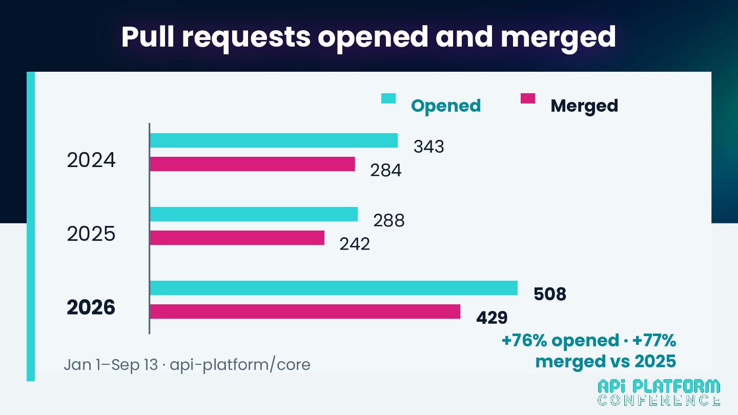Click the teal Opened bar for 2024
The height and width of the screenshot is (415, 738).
click(274, 140)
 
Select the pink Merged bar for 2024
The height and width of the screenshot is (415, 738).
click(252, 164)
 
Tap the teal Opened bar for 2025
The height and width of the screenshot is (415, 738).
click(254, 214)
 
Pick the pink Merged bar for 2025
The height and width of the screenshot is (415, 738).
click(237, 238)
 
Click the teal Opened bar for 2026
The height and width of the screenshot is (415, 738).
click(334, 288)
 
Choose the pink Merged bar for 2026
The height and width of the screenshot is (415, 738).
click(305, 312)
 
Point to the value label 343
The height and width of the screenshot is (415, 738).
click(428, 147)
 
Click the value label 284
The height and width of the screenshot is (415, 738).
click(386, 170)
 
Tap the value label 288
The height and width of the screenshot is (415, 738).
click(389, 220)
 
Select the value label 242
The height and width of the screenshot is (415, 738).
click(355, 244)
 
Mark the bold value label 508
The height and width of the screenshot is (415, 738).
click(550, 294)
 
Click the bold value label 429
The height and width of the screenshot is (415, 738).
click(492, 318)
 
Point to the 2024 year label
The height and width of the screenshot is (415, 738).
click(91, 160)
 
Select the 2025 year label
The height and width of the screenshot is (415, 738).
click(91, 234)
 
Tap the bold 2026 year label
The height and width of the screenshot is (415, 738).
click(91, 307)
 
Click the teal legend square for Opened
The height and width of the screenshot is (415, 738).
click(388, 98)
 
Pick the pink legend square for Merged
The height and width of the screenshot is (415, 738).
click(528, 98)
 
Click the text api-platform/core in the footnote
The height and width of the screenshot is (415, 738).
click(240, 365)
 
